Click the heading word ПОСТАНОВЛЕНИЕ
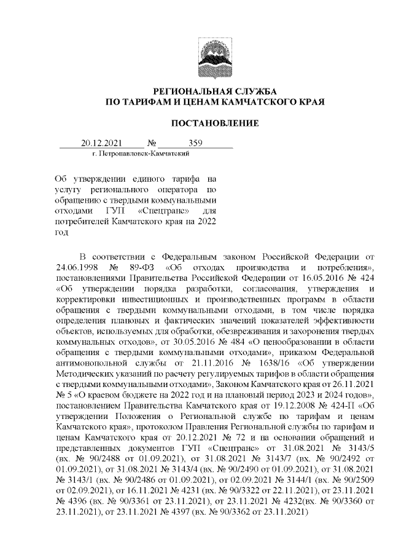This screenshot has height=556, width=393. pyautogui.click(x=214, y=123)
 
